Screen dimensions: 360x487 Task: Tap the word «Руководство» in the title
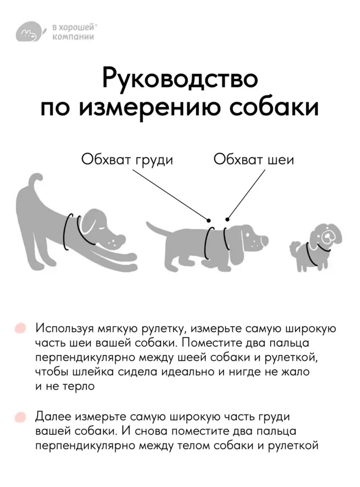point(180,79)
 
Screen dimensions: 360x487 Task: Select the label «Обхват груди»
point(127,160)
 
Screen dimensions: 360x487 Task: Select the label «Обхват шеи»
point(253,160)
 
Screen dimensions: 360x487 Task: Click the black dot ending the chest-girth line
point(209,220)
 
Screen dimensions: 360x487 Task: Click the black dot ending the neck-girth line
point(227,220)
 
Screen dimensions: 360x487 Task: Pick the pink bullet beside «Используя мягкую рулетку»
point(20,328)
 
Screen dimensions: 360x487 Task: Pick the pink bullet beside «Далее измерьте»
point(20,417)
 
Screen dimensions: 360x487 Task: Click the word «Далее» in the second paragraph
point(54,417)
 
